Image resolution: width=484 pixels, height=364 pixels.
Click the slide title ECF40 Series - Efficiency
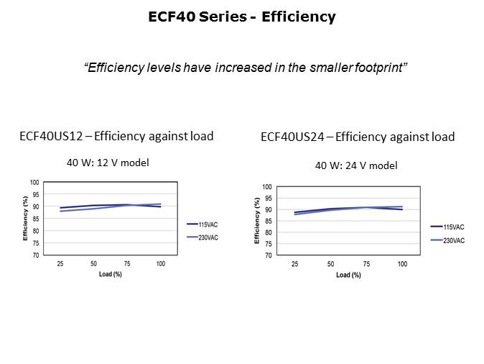coord(241,17)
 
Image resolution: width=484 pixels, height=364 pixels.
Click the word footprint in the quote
coord(382,68)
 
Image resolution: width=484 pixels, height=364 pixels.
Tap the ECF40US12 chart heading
coord(116,136)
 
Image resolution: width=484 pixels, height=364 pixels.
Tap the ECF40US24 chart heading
coord(358,137)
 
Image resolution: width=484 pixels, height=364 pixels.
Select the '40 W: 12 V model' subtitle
coord(108,163)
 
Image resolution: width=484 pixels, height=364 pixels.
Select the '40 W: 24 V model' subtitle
coord(356,165)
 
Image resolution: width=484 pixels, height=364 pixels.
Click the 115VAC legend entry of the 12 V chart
coord(208,224)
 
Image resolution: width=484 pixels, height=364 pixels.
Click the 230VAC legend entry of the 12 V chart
coord(208,237)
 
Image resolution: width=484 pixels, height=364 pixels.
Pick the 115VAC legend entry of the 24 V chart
coord(452,227)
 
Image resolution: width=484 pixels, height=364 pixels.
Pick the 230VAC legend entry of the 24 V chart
coord(452,240)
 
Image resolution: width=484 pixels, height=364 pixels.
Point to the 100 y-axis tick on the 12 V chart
coord(34,183)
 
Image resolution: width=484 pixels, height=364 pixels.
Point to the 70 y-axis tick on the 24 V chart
coord(268,255)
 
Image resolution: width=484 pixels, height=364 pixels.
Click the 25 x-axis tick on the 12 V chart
coord(61,264)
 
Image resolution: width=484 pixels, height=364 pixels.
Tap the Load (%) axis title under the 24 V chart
coord(348,275)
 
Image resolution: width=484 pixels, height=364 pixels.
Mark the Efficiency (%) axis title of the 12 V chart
coord(25,219)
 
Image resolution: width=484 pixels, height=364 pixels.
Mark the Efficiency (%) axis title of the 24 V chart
coord(257,220)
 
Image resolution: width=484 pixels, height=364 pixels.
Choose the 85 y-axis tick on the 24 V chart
coord(268,221)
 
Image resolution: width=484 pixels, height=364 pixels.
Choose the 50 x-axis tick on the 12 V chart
coord(94,264)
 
